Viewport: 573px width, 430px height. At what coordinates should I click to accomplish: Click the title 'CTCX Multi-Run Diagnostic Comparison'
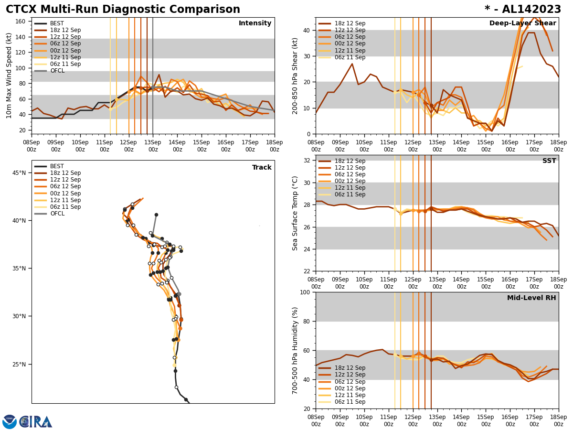[123, 10]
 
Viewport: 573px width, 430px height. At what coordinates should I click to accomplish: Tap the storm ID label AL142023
[523, 10]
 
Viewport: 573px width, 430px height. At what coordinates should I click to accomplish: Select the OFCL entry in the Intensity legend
[57, 71]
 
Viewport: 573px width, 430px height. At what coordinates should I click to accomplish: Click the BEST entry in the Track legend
[57, 166]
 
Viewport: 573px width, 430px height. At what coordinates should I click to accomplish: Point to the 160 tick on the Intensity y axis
[21, 21]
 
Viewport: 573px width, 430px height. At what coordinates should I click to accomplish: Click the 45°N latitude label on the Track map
[19, 172]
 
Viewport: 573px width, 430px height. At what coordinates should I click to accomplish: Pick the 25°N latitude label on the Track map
[19, 364]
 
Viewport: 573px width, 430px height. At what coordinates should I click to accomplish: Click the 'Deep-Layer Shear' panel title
[522, 23]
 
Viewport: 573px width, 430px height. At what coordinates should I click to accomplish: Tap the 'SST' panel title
[549, 161]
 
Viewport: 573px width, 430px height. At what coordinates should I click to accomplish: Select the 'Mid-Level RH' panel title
[531, 298]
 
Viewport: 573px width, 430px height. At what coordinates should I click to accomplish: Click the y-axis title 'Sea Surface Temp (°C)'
[296, 213]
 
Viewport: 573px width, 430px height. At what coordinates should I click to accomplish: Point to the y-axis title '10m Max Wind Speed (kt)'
[9, 75]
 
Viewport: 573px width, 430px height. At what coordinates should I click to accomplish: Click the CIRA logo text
[36, 422]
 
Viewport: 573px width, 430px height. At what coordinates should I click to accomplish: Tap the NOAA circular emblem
[10, 422]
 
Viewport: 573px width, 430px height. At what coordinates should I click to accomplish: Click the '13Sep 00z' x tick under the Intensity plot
[153, 146]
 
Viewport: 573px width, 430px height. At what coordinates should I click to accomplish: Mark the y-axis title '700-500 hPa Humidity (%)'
[296, 350]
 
